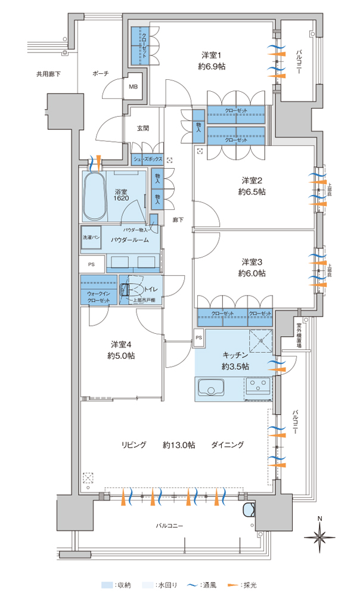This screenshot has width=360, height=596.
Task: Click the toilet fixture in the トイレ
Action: (x=126, y=290)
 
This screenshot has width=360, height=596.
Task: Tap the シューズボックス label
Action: (x=147, y=160)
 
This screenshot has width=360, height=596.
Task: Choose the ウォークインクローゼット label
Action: (x=99, y=297)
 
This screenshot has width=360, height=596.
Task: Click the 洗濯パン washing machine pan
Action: (x=91, y=237)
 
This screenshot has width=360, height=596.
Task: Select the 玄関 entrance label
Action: (x=142, y=128)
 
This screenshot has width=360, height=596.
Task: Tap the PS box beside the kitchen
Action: (x=198, y=338)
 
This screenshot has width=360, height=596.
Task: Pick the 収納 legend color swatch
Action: (x=107, y=586)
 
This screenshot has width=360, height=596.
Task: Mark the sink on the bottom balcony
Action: (x=247, y=512)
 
